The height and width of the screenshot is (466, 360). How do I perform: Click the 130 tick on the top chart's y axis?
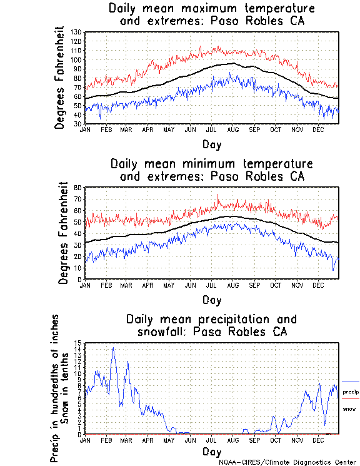[x=76, y=32]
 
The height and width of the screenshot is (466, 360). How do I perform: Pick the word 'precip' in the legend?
[x=350, y=392]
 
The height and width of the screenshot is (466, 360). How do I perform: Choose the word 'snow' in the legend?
[x=349, y=408]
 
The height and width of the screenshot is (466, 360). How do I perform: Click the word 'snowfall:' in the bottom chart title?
[x=162, y=332]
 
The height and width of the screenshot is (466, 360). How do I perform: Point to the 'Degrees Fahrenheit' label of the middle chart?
[x=63, y=233]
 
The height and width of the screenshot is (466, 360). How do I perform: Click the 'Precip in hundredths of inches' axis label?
[x=55, y=388]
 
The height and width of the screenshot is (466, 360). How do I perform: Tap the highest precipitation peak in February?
[x=113, y=348]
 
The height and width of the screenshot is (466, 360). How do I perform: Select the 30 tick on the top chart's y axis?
[x=77, y=124]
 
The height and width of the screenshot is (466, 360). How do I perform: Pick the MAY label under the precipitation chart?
[x=168, y=440]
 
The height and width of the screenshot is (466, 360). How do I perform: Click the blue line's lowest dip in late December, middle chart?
[x=333, y=270]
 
